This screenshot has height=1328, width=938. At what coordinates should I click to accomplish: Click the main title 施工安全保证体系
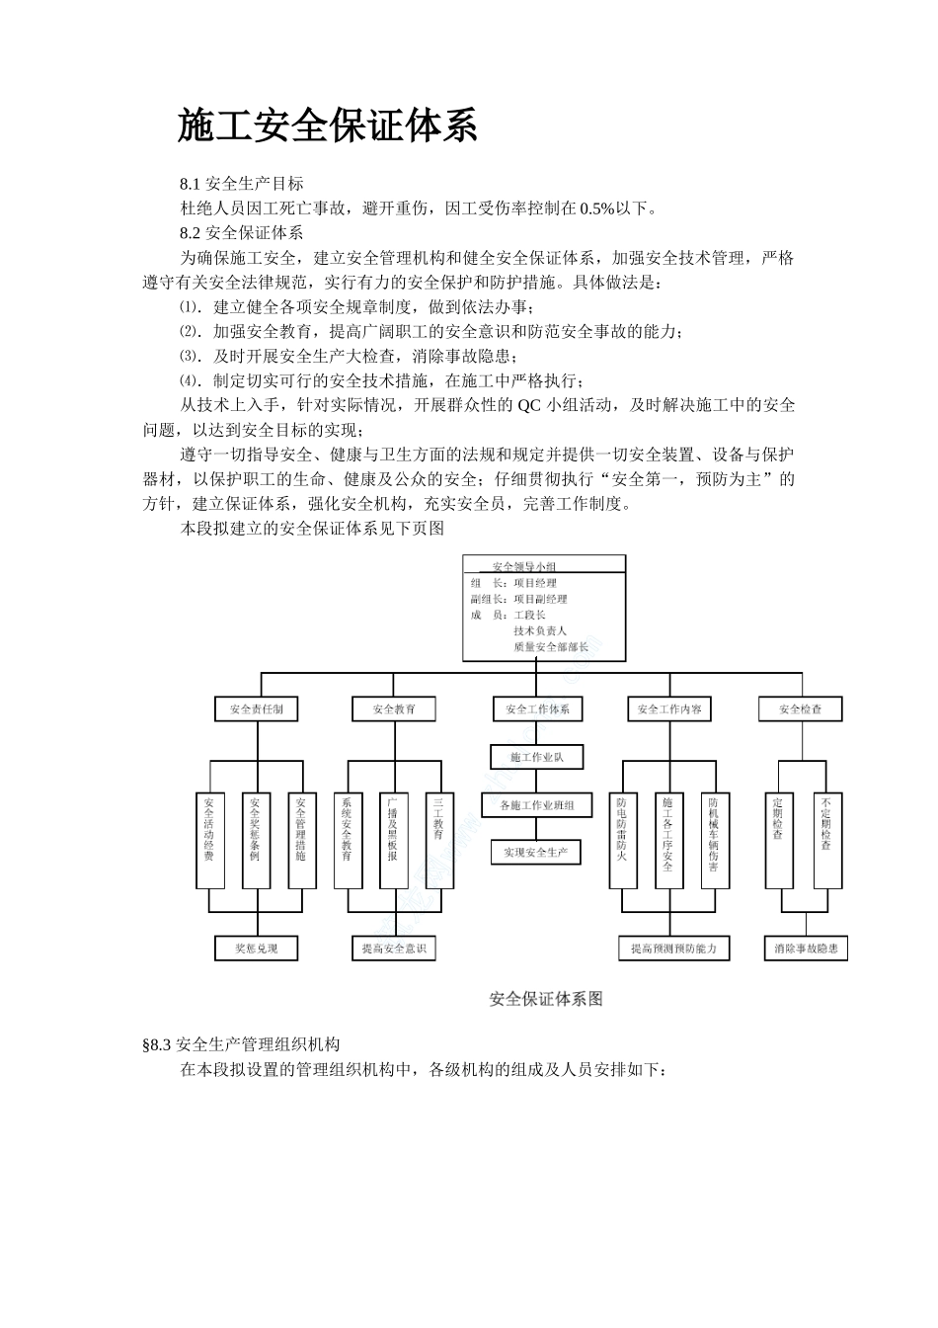coord(328,126)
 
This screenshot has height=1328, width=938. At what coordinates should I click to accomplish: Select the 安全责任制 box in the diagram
coord(256,709)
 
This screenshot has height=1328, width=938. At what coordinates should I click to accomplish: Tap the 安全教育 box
coord(394,709)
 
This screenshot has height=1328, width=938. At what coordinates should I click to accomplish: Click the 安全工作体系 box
coord(537,709)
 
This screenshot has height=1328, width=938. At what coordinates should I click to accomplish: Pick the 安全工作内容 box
coord(669,709)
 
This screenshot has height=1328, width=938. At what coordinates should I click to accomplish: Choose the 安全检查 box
coord(801,709)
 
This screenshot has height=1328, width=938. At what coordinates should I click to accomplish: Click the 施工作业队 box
coord(537,757)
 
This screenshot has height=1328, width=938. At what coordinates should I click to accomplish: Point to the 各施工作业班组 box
coord(537,805)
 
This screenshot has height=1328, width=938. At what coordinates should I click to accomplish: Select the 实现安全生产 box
coord(537,852)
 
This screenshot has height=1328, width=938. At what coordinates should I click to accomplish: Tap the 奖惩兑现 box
coord(256,949)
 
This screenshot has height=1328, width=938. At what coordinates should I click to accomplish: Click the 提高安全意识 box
coord(394,949)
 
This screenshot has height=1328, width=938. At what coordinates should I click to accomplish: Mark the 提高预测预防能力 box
coord(674,949)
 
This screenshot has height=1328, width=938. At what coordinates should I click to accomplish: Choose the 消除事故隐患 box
coord(807,949)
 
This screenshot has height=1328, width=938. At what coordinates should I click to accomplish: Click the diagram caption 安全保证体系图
coord(546,999)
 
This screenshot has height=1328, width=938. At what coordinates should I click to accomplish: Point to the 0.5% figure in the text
coord(598,208)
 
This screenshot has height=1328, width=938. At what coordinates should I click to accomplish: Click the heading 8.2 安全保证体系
coord(241,233)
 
